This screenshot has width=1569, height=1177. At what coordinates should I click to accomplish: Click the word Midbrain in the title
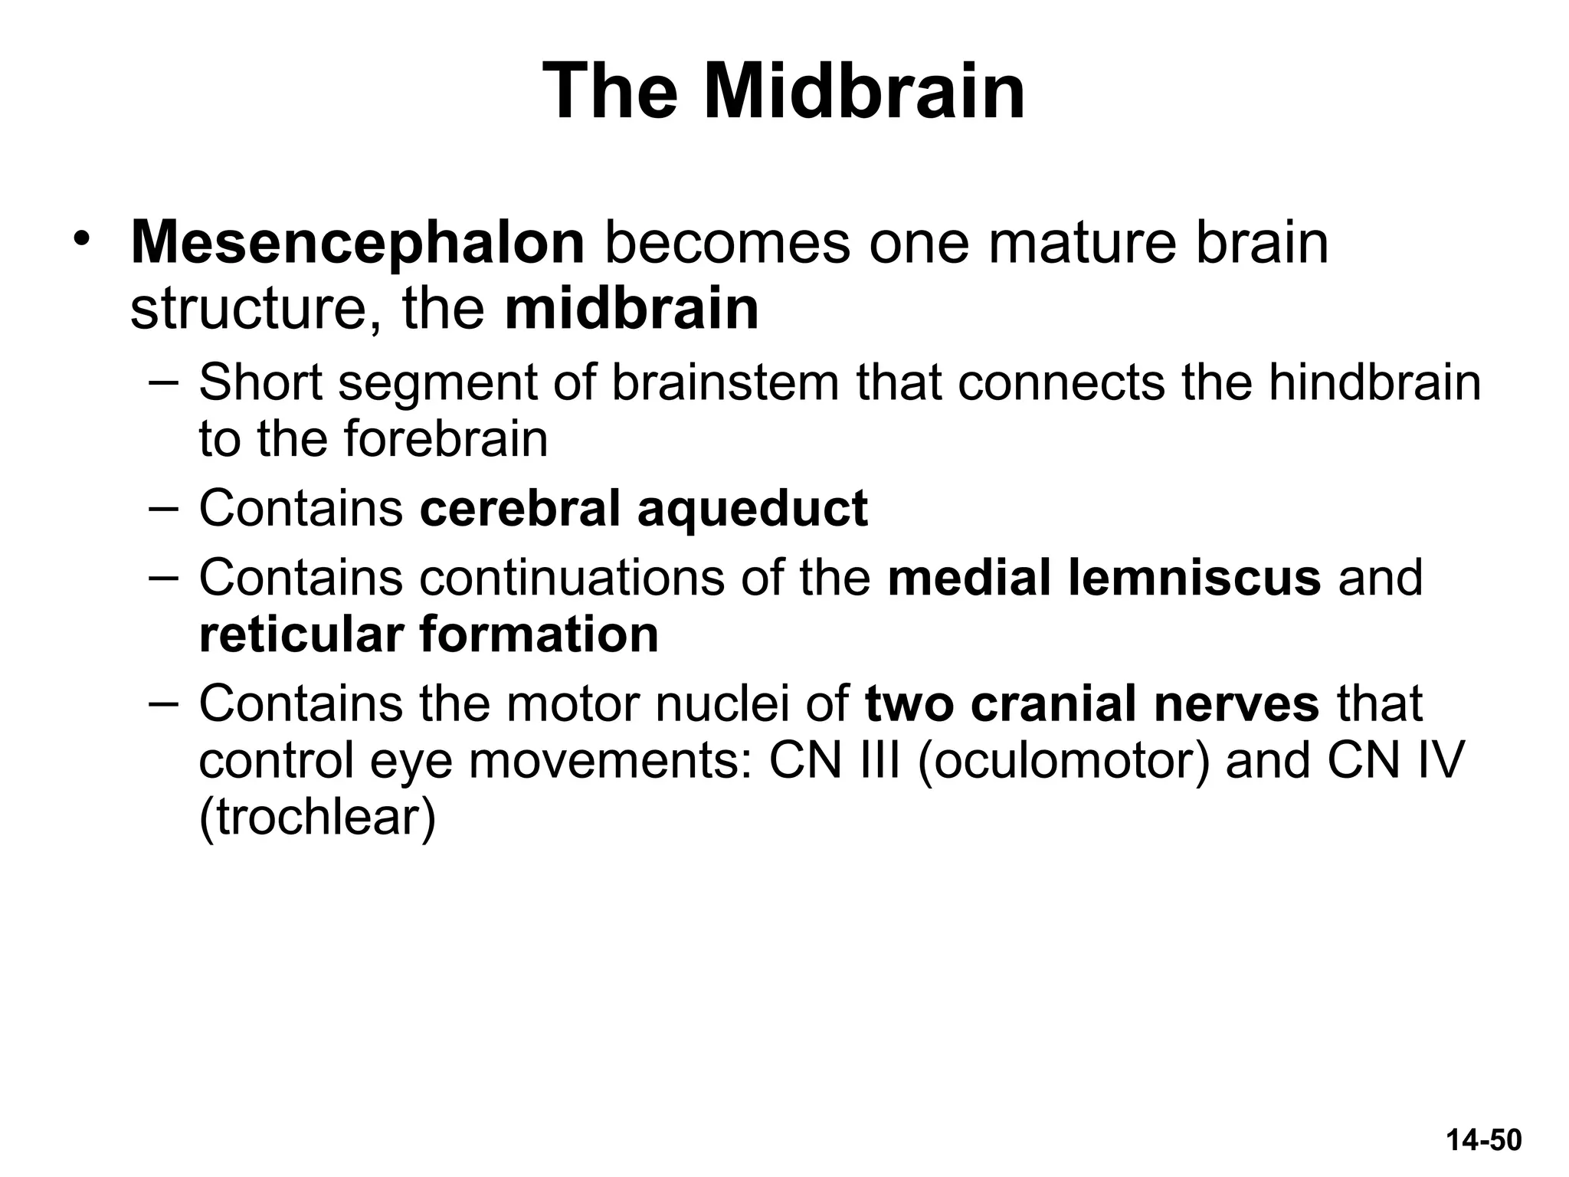click(x=863, y=93)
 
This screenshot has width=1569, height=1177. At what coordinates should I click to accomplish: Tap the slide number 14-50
click(x=1483, y=1139)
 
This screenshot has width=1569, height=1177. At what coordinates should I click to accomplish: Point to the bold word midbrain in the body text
click(x=632, y=310)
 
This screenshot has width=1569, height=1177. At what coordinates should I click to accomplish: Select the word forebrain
click(x=445, y=439)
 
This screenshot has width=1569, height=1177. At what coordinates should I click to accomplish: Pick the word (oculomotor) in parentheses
click(x=1063, y=760)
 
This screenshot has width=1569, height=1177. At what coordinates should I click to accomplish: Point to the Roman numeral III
click(x=880, y=760)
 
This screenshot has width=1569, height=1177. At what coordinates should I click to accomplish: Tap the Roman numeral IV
click(x=1437, y=760)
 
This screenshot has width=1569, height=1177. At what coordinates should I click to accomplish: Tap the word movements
click(x=610, y=760)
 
